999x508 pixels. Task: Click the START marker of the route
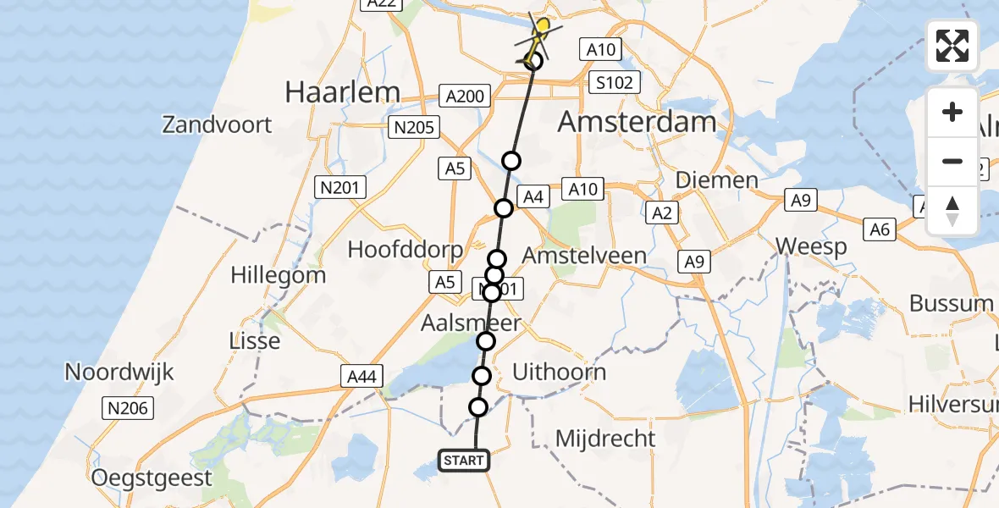(464, 461)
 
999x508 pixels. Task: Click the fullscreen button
(952, 46)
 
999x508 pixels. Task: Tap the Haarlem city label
(342, 91)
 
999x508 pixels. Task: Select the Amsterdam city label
(637, 122)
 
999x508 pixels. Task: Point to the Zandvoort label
(217, 125)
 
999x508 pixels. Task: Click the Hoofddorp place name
(406, 250)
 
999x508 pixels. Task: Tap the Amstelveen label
(584, 255)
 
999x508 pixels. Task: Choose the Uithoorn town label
(560, 372)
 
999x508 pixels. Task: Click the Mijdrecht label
(605, 438)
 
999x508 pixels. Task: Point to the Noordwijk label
(119, 371)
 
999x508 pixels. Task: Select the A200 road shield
(465, 96)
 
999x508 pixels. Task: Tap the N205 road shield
(412, 128)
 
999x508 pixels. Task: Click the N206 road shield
(128, 409)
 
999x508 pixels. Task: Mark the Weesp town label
(812, 247)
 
